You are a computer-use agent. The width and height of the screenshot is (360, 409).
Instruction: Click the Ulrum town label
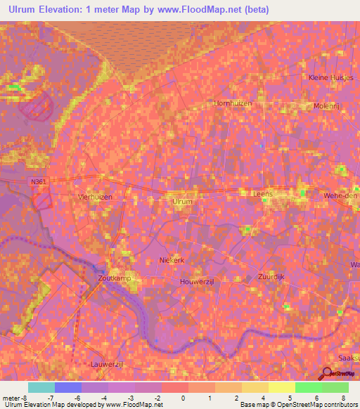tap(182, 201)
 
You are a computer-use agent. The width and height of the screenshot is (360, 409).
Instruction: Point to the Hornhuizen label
tap(232, 103)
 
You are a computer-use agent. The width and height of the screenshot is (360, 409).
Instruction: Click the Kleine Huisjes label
tap(330, 77)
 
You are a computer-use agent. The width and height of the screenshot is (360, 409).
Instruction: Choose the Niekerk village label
tap(172, 259)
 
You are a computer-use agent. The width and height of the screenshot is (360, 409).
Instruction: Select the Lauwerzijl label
tap(108, 364)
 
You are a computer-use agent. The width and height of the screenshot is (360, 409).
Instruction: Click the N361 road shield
tap(39, 182)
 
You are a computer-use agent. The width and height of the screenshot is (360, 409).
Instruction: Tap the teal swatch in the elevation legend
tap(41, 387)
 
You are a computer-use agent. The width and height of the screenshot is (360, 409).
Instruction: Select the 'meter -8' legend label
tap(16, 398)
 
